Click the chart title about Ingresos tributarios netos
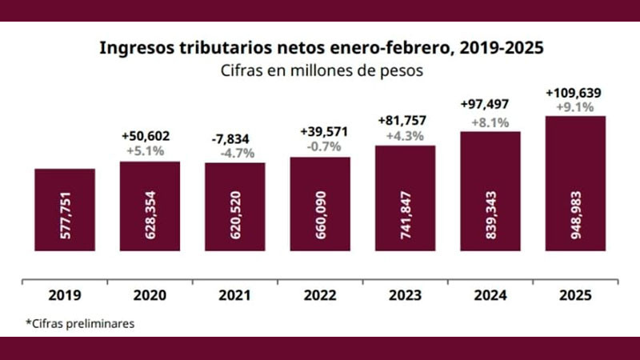point(321,47)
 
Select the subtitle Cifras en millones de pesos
point(321,70)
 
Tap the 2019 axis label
point(65,295)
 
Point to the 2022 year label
point(319,295)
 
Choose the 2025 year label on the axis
point(575,295)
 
